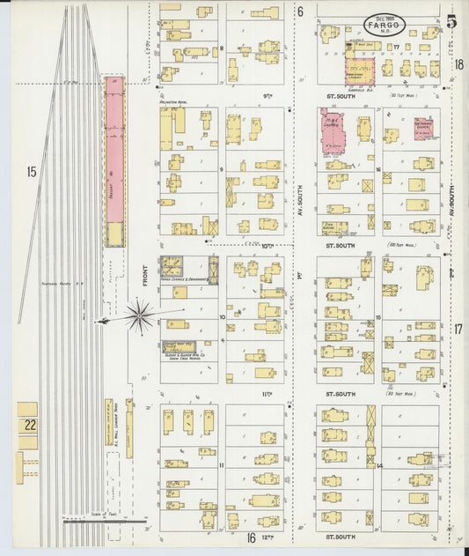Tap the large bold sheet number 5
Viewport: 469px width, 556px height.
click(451, 22)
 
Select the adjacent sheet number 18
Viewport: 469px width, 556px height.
click(458, 63)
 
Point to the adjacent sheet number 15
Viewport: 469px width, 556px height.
click(31, 172)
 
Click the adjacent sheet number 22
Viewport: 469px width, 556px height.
click(30, 425)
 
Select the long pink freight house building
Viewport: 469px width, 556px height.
click(114, 159)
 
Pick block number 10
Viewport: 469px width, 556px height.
click(222, 315)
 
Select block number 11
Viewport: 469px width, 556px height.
click(222, 463)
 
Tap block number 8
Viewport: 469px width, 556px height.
click(222, 48)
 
